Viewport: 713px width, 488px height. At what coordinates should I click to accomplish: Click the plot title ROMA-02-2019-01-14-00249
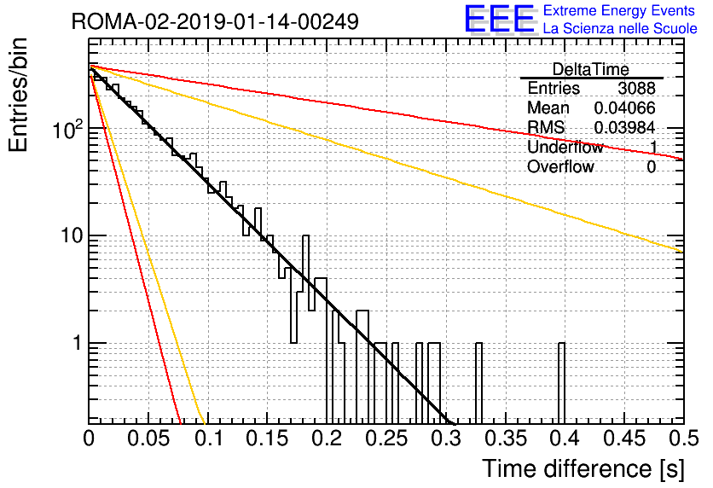click(215, 21)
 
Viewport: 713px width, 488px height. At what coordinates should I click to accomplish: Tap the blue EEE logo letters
click(499, 19)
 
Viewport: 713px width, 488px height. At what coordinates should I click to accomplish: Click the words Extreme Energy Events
click(619, 10)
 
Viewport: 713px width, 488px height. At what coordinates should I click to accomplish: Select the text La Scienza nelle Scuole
click(620, 28)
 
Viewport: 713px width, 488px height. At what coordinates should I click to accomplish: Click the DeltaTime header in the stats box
click(590, 69)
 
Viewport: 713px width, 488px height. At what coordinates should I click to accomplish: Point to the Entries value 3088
click(636, 88)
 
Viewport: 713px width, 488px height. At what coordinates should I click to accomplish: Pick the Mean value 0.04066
click(624, 107)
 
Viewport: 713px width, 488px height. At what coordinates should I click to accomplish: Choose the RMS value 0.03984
click(624, 127)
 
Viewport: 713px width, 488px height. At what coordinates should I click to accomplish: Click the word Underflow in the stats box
click(565, 147)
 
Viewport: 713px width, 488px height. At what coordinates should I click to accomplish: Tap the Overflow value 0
click(651, 167)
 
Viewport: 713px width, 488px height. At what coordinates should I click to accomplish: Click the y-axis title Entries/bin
click(18, 95)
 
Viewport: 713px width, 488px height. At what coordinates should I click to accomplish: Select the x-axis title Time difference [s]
click(583, 468)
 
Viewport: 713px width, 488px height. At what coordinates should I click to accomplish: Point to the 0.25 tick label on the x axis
click(387, 439)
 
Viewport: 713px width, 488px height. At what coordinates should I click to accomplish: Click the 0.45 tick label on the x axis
click(624, 439)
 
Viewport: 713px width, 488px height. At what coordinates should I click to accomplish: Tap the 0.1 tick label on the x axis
click(209, 439)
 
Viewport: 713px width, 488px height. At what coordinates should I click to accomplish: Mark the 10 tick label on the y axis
click(71, 235)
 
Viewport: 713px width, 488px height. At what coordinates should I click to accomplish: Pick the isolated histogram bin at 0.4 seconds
click(561, 383)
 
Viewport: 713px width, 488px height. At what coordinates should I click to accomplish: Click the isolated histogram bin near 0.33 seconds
click(478, 383)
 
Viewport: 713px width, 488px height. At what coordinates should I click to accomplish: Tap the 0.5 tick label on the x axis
click(683, 439)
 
